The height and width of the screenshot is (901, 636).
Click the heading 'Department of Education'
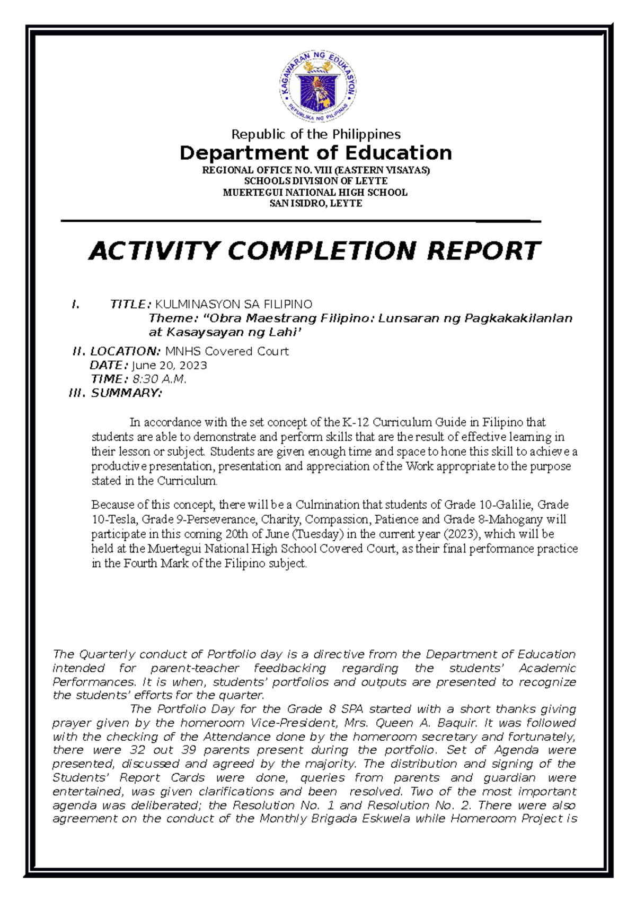[x=316, y=153]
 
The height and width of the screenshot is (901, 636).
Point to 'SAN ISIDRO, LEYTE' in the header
[x=316, y=204]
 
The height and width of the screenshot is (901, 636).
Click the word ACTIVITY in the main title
[x=154, y=251]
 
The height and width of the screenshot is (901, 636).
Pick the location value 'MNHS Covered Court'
[x=227, y=351]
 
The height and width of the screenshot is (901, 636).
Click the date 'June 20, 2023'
[x=169, y=366]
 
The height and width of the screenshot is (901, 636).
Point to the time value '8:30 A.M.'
[x=159, y=379]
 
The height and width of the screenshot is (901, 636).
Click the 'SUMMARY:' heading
[x=127, y=393]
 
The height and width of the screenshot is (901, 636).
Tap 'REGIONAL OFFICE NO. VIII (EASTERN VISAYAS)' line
[x=316, y=170]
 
